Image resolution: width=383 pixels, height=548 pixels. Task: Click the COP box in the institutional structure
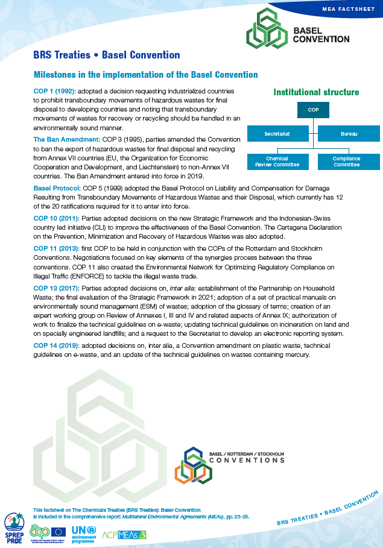(x=313, y=110)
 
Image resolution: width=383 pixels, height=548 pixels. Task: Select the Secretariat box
(x=277, y=133)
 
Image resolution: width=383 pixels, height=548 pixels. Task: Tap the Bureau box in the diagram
(x=348, y=133)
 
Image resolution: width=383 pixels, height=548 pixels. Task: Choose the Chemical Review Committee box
(x=277, y=162)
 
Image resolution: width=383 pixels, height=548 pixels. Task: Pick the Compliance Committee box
(x=347, y=162)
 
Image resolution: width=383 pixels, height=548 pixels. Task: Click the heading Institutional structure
(x=316, y=92)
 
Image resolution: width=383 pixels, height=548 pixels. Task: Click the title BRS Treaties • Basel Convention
(x=107, y=55)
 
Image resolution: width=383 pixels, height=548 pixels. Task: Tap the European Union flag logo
(x=59, y=531)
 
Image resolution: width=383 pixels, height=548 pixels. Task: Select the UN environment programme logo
(x=81, y=531)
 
